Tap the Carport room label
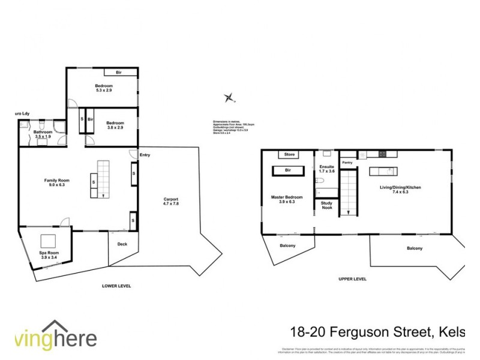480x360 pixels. [171, 202]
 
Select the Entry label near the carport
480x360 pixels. [145, 155]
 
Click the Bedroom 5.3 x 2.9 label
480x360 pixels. [104, 88]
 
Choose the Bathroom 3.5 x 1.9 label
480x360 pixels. [41, 134]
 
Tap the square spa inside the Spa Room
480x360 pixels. [49, 241]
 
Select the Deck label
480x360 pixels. [122, 244]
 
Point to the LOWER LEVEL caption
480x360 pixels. [116, 286]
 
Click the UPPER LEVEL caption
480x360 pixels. [352, 279]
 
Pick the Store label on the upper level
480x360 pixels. [290, 155]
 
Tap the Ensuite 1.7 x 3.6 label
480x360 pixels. [326, 169]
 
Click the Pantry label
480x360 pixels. [346, 162]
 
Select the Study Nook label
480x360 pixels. [326, 206]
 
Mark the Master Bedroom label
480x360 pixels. [287, 200]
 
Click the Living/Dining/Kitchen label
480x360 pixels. [400, 190]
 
